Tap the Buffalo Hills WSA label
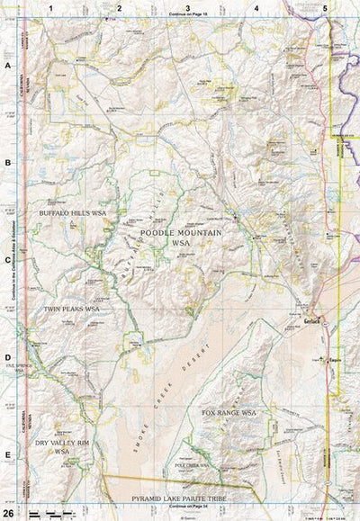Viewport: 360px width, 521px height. pos(73,213)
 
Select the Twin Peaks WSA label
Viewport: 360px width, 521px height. pos(71,309)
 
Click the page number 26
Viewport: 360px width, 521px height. pos(7,512)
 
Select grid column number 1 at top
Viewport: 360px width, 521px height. pos(51,7)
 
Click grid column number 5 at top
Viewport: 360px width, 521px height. pos(324,7)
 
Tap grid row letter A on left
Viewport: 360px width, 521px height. pos(7,67)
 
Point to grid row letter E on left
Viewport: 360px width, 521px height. pos(7,454)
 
